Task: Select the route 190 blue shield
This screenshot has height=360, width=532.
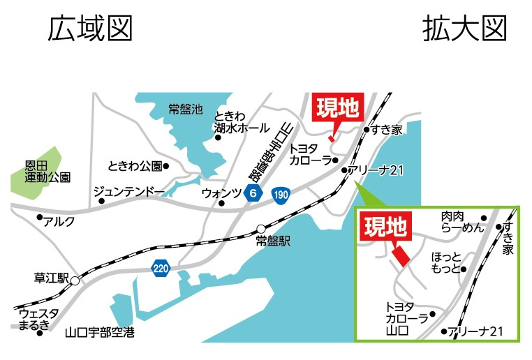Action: click(281, 193)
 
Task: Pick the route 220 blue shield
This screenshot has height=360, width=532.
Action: click(160, 267)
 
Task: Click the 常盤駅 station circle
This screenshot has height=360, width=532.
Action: click(260, 228)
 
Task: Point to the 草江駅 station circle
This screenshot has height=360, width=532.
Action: click(74, 280)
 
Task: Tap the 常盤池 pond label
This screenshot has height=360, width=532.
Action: click(185, 110)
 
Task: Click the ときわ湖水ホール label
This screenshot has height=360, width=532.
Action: click(241, 123)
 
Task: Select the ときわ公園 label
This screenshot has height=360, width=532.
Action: click(135, 166)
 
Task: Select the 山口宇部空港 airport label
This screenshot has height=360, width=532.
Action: click(99, 333)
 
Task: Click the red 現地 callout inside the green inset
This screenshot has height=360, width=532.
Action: click(385, 227)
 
